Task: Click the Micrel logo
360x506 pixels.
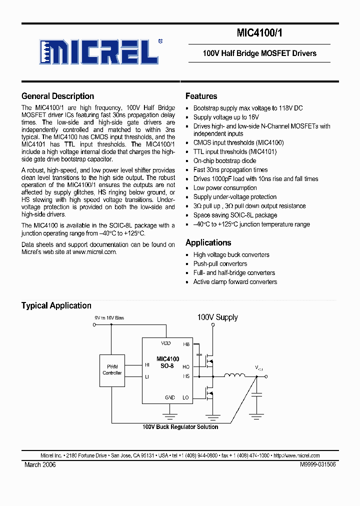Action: click(98, 51)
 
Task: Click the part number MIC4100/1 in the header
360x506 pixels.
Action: click(259, 33)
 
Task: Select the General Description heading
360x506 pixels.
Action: click(57, 96)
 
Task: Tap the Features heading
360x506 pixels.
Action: click(201, 96)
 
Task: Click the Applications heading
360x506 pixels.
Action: click(208, 242)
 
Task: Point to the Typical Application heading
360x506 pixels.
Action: click(56, 305)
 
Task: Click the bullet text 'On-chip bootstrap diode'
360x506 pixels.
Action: click(224, 160)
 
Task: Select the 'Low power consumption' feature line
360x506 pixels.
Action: click(225, 187)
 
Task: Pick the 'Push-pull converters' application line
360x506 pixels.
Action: click(220, 263)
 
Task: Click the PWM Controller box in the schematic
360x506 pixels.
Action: click(112, 370)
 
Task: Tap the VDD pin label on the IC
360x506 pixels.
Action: click(165, 343)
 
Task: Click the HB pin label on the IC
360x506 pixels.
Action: click(186, 344)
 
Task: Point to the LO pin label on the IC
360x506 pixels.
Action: click(186, 397)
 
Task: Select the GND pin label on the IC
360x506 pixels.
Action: click(170, 397)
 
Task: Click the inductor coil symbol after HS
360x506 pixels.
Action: click(234, 375)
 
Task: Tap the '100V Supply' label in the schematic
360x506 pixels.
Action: click(217, 317)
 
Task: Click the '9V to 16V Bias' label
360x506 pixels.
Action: click(109, 318)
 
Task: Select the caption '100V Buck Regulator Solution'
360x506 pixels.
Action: click(180, 427)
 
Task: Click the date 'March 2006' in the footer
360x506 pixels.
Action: click(40, 464)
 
